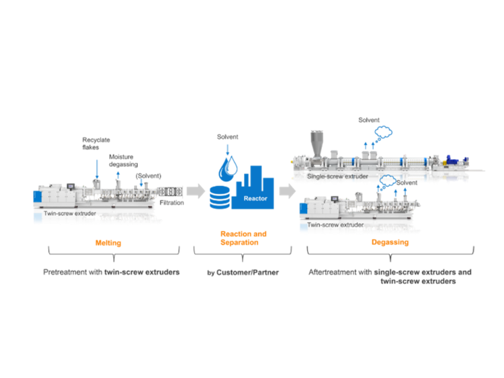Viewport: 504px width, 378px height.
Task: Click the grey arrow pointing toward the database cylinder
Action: coord(196,191)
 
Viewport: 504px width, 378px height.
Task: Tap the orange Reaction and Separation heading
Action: coord(243,238)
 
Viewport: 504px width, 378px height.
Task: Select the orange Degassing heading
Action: coord(390,242)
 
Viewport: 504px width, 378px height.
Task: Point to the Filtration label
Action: coord(173,202)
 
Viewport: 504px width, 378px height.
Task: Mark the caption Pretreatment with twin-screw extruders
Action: coord(112,272)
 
